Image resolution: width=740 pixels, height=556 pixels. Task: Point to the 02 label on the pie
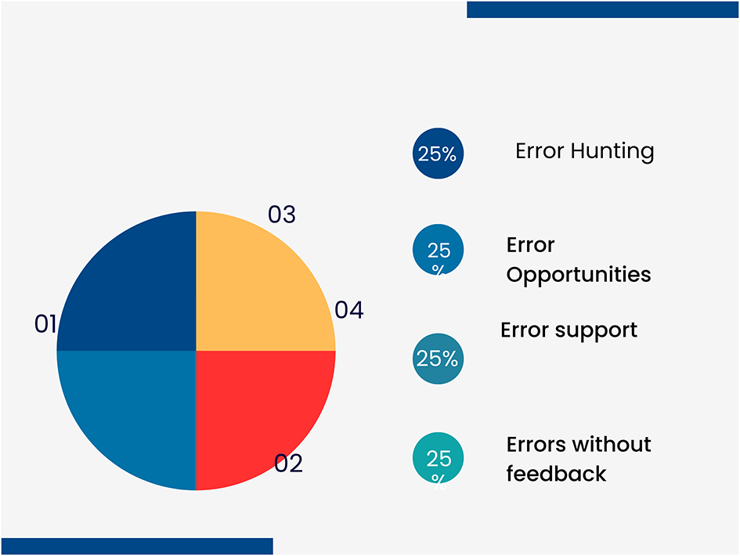click(x=288, y=464)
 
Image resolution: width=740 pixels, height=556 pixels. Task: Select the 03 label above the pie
click(x=282, y=215)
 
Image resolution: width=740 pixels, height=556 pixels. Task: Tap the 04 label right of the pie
click(x=349, y=311)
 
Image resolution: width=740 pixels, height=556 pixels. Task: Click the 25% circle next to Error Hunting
click(x=438, y=153)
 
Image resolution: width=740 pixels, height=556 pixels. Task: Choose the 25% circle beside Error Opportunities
click(x=438, y=251)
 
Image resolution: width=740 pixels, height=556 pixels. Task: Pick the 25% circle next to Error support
click(x=438, y=359)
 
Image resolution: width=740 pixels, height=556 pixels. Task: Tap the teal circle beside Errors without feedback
click(x=438, y=458)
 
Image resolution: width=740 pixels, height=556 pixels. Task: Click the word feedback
click(x=556, y=474)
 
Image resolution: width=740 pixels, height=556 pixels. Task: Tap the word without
click(x=613, y=445)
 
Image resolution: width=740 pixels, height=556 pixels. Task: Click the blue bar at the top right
click(x=602, y=9)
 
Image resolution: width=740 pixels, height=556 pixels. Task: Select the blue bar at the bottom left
click(x=137, y=546)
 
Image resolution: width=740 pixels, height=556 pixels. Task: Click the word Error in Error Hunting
click(x=540, y=150)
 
